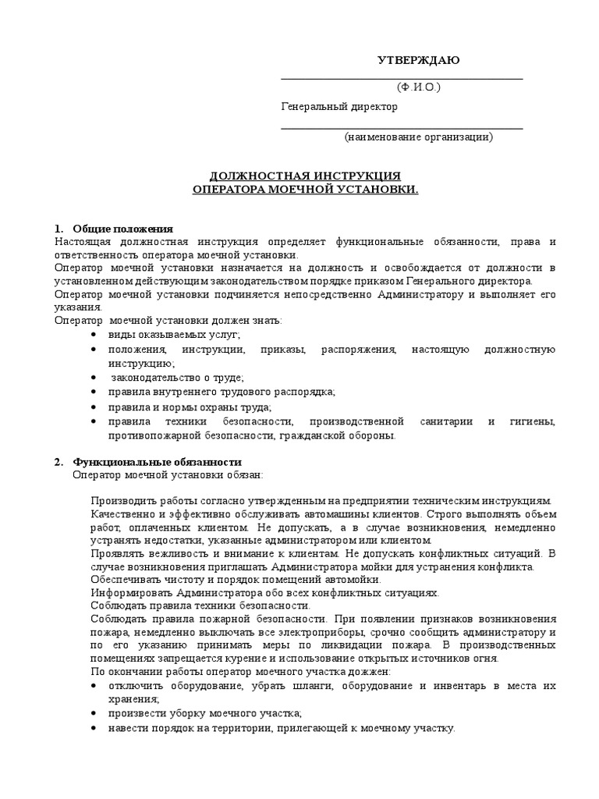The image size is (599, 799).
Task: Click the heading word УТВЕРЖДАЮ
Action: click(419, 61)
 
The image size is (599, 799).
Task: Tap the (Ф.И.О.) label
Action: click(418, 87)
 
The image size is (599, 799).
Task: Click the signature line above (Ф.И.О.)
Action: click(402, 79)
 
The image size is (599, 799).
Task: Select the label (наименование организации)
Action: click(419, 137)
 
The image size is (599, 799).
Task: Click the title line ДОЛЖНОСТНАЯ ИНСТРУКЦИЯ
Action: click(306, 176)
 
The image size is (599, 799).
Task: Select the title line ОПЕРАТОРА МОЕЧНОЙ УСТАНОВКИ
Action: click(306, 190)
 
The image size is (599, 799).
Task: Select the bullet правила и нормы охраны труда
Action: click(190, 407)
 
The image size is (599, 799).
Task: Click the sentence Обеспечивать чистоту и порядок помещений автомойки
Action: click(236, 580)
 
